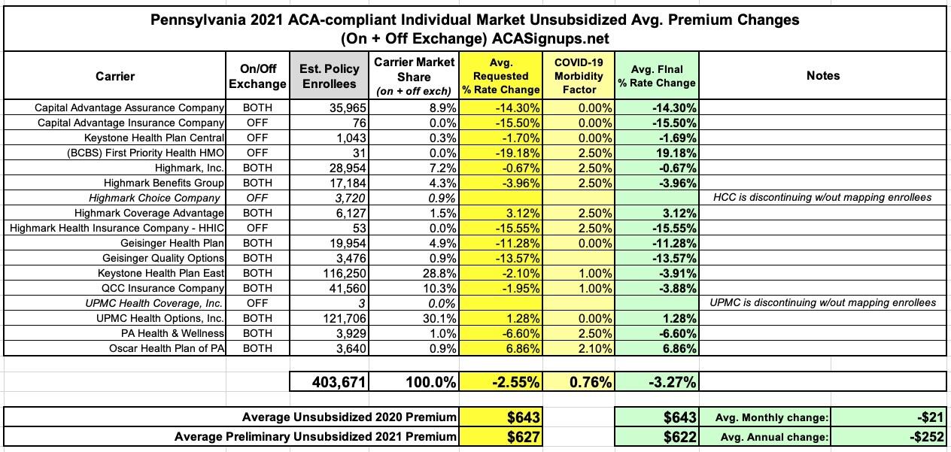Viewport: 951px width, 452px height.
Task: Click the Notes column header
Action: [x=822, y=75]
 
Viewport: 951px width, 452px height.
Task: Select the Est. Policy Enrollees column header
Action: [x=330, y=77]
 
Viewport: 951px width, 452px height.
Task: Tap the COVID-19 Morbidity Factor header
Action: [x=579, y=75]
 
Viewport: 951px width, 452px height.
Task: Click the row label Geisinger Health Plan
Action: [x=172, y=243]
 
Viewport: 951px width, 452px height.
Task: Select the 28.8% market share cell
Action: [x=440, y=273]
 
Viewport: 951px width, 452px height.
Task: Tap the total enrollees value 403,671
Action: [x=339, y=382]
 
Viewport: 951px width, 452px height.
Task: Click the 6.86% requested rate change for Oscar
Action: [x=519, y=348]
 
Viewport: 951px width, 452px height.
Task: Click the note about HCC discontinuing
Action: [x=823, y=198]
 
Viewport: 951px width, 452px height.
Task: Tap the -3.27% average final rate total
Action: [x=671, y=382]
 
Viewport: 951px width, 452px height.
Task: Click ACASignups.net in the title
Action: [x=557, y=38]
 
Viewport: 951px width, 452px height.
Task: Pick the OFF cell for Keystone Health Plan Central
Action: [x=257, y=138]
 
